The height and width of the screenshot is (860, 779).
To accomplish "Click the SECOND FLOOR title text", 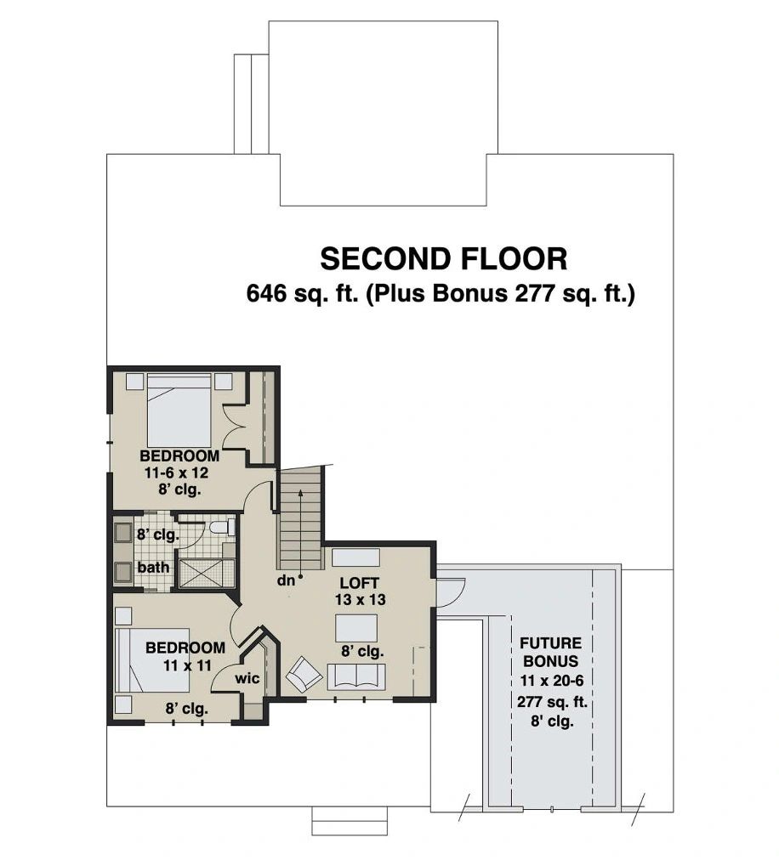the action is click(444, 259).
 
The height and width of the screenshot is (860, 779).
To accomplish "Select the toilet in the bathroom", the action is click(222, 528).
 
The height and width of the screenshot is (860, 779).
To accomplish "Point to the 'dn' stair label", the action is click(286, 580).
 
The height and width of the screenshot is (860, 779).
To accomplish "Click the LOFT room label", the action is click(360, 582).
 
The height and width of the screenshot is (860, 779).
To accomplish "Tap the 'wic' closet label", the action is click(247, 678).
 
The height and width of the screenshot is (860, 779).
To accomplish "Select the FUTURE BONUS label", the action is click(550, 652).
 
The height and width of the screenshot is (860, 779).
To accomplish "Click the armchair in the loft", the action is click(304, 675).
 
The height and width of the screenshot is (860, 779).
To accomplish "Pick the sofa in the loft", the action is click(357, 676).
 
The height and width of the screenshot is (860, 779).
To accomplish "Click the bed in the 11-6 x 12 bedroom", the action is click(179, 410).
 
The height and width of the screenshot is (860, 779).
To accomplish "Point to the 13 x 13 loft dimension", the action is click(360, 600).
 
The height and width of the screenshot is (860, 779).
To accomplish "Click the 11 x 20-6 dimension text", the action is click(552, 681).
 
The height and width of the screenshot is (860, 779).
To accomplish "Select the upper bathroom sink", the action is click(122, 532).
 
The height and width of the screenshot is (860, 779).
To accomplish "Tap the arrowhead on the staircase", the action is click(300, 494).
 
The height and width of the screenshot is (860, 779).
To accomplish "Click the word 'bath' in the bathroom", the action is click(153, 567).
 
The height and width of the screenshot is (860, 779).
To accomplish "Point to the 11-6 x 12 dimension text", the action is click(176, 472).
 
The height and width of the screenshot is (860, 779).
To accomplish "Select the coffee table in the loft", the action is click(356, 628).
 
